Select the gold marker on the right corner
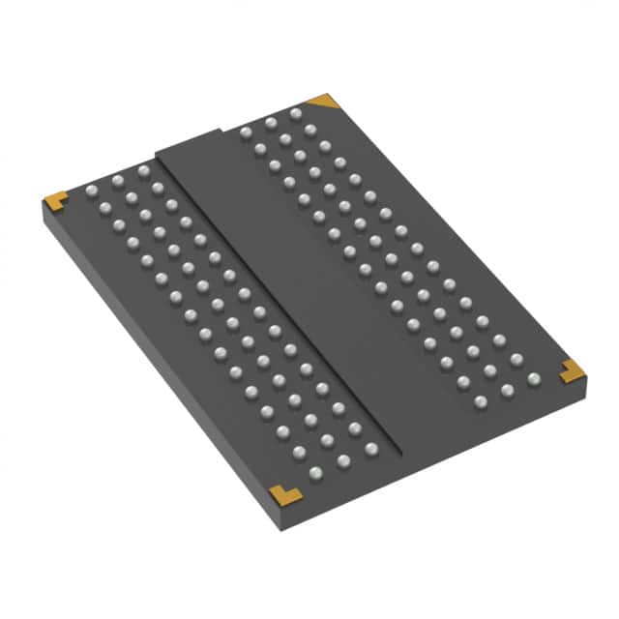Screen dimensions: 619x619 [571, 368]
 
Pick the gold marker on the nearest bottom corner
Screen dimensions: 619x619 [284, 494]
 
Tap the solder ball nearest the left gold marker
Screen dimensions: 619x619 [92, 190]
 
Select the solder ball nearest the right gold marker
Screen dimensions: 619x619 [533, 378]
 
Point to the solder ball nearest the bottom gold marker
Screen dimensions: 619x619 [315, 472]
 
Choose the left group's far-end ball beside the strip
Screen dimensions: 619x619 [143, 170]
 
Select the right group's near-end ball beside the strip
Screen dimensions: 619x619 [481, 400]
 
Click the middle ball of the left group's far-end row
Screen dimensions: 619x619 [117, 180]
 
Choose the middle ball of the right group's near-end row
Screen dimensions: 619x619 [507, 390]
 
